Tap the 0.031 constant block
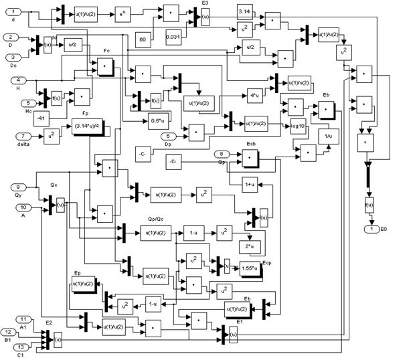(x=175, y=39)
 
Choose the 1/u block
(x=328, y=137)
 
